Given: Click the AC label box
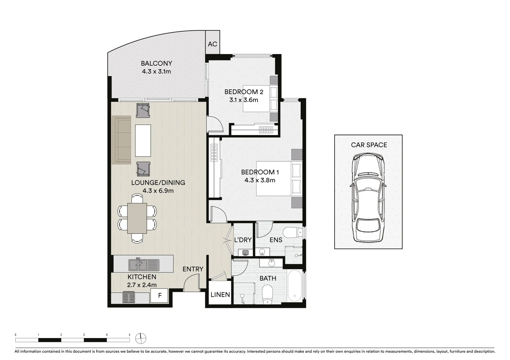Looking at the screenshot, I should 212,44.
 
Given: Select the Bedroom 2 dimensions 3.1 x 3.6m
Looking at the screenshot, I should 243,100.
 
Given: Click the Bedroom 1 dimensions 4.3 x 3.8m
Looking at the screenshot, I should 260,180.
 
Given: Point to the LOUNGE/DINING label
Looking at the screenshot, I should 158,183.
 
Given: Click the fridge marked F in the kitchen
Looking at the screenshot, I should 160,295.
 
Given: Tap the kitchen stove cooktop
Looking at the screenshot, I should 129,297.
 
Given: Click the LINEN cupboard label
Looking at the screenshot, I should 220,295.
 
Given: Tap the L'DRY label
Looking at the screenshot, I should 243,240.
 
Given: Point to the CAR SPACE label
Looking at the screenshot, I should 369,145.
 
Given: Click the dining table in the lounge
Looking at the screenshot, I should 137,218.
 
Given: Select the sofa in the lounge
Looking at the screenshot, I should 121,140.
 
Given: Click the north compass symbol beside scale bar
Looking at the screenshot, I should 141,338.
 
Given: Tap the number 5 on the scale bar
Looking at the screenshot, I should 129,334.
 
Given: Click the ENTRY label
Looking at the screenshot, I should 193,269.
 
